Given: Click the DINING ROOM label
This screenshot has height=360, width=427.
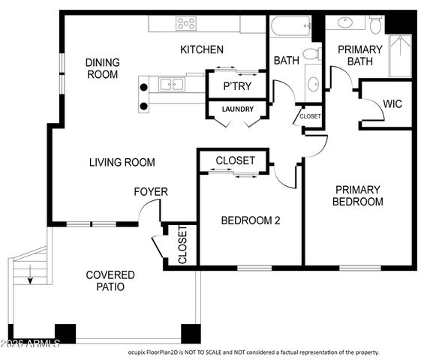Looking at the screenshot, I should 102,68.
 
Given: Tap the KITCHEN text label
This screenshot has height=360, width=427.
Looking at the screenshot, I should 201,50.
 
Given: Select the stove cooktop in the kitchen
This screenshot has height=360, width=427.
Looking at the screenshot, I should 186,24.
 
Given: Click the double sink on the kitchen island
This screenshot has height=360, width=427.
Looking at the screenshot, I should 172,84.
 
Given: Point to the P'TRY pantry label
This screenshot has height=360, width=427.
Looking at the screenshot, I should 237,86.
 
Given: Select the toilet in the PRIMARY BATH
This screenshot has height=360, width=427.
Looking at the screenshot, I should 376,25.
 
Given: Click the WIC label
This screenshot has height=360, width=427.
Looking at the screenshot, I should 392,103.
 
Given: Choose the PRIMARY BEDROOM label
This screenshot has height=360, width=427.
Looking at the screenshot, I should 358,196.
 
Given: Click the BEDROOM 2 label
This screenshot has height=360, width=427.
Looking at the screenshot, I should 250,220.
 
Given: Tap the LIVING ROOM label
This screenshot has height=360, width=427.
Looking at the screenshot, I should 122,162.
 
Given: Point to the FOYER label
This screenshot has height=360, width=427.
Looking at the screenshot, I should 151,192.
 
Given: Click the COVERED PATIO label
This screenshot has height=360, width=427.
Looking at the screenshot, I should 110,280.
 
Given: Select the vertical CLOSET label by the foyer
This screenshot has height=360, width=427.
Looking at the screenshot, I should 182,244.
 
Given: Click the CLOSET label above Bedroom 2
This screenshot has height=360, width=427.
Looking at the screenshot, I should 235,160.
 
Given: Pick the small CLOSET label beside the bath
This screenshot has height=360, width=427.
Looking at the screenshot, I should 310,116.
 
